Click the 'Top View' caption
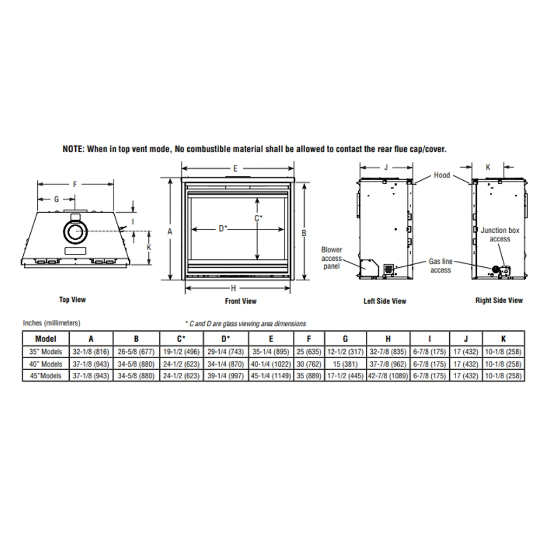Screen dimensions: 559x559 73,299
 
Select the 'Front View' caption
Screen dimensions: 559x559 241,301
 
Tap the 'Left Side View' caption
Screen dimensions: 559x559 385,301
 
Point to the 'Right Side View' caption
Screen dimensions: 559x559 499,300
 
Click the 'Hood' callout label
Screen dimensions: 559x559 442,175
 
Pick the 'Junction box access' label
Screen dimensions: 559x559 499,234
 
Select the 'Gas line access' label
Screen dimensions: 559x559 440,266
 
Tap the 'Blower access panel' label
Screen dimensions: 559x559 332,258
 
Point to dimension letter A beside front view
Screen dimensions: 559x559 169,232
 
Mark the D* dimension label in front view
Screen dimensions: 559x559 223,228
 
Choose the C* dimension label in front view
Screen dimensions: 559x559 259,218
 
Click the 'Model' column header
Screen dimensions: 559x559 45,339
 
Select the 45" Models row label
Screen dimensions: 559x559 45,376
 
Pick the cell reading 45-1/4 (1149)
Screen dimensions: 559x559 271,376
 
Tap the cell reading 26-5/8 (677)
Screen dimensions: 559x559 136,352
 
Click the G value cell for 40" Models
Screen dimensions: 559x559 345,364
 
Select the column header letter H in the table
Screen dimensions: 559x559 388,339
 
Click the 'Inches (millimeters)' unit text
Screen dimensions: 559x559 51,323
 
